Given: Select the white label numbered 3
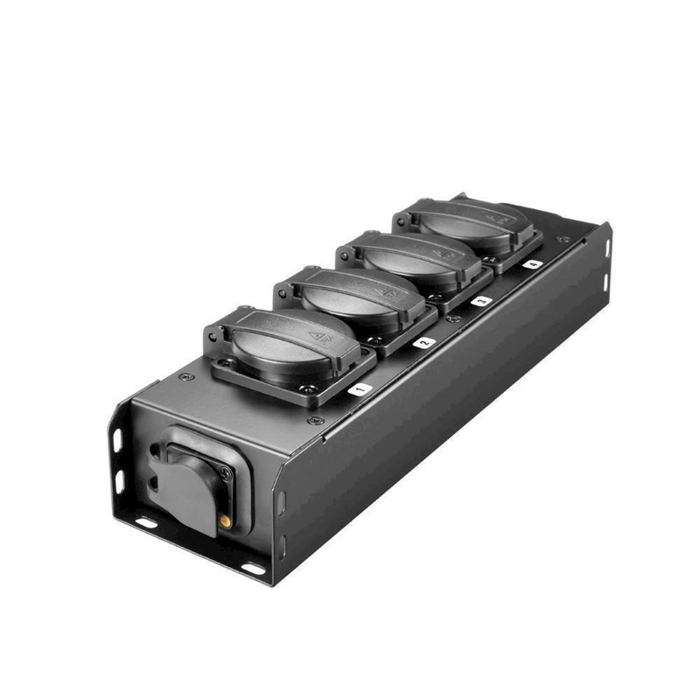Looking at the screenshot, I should (x=480, y=301).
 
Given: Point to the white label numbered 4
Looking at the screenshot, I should (x=533, y=262).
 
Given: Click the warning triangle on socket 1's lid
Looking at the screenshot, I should (x=312, y=334).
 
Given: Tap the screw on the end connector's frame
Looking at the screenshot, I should (x=226, y=473).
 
